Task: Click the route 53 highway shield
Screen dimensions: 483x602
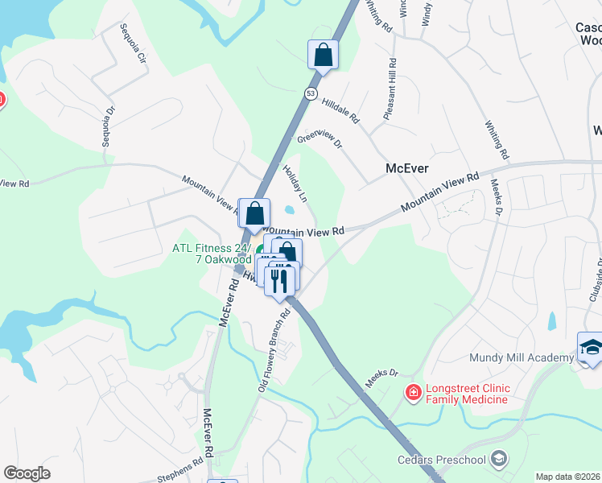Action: point(310,94)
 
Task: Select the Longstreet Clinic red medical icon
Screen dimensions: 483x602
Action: point(413,392)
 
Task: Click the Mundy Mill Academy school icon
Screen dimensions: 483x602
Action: point(591,347)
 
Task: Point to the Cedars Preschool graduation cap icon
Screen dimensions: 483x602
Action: point(499,459)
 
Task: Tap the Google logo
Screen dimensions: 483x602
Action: point(27,473)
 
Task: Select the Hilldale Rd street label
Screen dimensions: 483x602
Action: point(340,110)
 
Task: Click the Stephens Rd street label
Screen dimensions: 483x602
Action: point(181,471)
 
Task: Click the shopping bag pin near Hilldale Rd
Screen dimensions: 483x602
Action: point(323,55)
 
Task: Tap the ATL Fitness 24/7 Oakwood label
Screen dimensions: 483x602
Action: point(212,254)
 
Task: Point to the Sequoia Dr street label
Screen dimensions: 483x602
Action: point(105,125)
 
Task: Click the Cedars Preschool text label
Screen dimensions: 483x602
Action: point(442,460)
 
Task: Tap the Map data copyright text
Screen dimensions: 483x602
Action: point(568,477)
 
